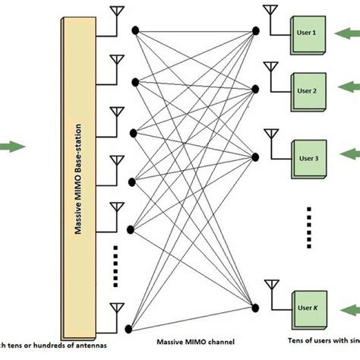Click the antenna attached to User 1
pyautogui.click(x=269, y=12)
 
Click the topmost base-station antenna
pyautogui.click(x=117, y=14)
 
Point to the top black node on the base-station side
pyautogui.click(x=134, y=31)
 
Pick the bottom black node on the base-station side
pyautogui.click(x=129, y=328)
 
